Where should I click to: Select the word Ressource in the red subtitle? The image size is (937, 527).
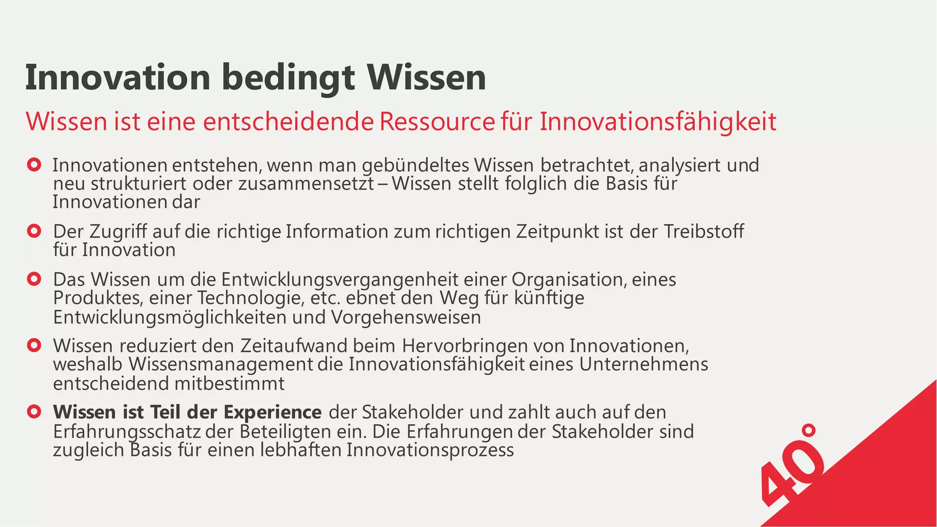pyautogui.click(x=437, y=122)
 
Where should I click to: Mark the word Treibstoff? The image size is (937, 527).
pyautogui.click(x=704, y=232)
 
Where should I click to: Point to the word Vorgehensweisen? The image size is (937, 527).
pyautogui.click(x=405, y=317)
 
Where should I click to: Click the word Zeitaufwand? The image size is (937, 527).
pyautogui.click(x=294, y=346)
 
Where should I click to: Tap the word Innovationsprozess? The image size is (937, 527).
pyautogui.click(x=430, y=450)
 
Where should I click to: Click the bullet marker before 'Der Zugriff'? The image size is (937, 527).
pyautogui.click(x=34, y=231)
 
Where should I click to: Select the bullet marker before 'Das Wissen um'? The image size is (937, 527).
pyautogui.click(x=34, y=279)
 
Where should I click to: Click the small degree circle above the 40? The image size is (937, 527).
pyautogui.click(x=809, y=430)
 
